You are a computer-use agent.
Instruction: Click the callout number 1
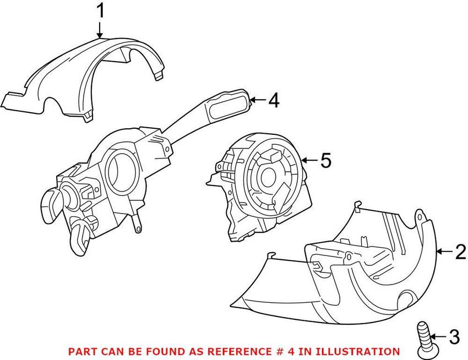tap(101, 11)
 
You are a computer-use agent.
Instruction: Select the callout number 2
tap(461, 252)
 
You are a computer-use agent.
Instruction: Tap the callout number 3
tap(454, 337)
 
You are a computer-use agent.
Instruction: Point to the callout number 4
tap(274, 100)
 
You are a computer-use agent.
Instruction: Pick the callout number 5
tap(325, 160)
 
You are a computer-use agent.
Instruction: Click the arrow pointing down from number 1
tap(100, 30)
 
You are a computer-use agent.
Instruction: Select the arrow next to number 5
tap(310, 161)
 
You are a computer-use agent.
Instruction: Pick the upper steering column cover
tap(84, 79)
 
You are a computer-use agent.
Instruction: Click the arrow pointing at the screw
tap(439, 337)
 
